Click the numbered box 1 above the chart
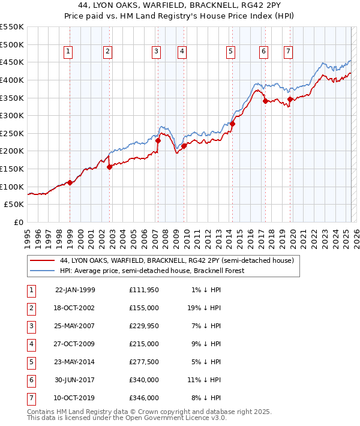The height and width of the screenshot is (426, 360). point(68,52)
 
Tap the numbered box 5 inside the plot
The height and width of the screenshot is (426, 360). point(230,52)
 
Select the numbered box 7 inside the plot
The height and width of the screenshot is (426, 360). point(289,52)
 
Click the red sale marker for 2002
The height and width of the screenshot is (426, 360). point(110,167)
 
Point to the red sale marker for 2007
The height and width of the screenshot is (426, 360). point(158,140)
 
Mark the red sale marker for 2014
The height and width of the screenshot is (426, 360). point(232,124)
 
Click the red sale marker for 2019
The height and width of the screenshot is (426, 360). point(290,99)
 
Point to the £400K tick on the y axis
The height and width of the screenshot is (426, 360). point(13,80)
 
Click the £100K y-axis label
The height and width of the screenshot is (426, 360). point(13,187)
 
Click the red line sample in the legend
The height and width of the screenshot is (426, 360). point(42,261)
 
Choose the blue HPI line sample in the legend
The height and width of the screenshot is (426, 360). point(42,271)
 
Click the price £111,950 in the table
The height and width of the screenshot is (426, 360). point(143,290)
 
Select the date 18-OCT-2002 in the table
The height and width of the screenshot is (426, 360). point(75,308)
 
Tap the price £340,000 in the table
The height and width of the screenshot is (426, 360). point(143,379)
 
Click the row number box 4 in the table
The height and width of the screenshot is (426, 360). point(31,344)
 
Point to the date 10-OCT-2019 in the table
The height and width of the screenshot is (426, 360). point(75,397)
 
